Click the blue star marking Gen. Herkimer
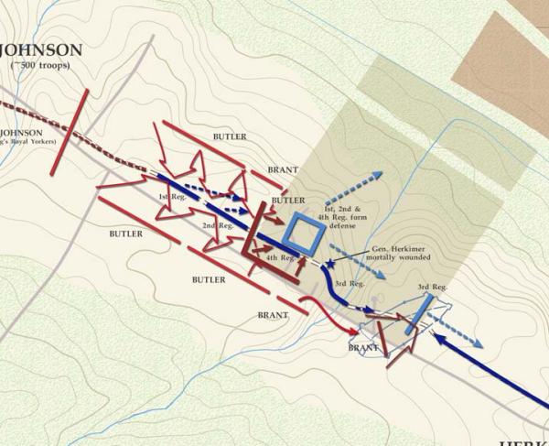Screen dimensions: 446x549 (329, 263)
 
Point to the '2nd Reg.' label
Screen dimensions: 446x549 (217, 225)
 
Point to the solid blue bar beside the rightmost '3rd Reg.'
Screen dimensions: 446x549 (414, 314)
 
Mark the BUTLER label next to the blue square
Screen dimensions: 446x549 (288, 200)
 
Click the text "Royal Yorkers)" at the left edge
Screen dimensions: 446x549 (29, 141)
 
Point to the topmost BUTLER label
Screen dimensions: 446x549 (230, 136)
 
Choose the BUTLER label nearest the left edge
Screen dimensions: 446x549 (125, 234)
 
